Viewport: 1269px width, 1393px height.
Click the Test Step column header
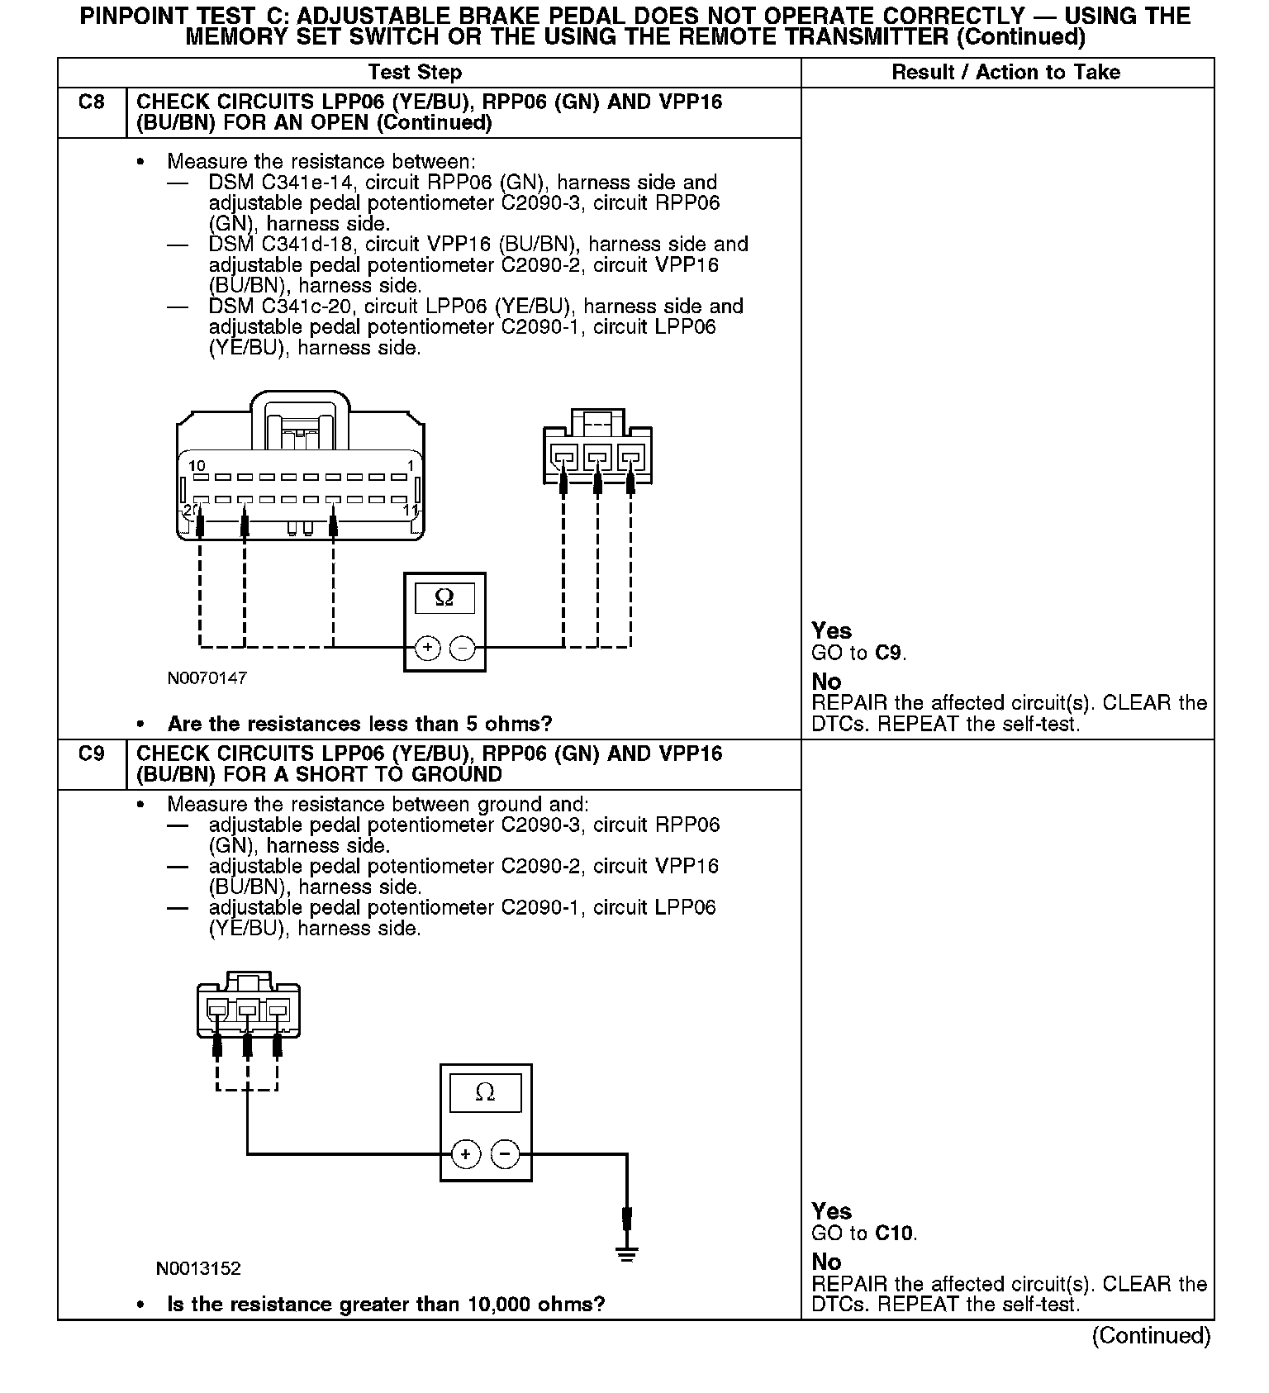[x=415, y=73]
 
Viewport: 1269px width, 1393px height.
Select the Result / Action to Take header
[x=1005, y=73]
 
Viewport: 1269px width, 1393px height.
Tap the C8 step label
[x=92, y=102]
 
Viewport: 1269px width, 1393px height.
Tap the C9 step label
[x=92, y=754]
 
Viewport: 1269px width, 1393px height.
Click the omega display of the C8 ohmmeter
[x=444, y=597]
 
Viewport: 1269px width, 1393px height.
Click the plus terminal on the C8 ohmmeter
[x=427, y=648]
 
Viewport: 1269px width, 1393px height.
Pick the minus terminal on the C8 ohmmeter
[x=462, y=648]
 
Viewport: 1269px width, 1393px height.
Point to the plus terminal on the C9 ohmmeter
[x=466, y=1154]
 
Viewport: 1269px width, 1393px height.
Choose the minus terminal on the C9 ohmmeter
[x=505, y=1154]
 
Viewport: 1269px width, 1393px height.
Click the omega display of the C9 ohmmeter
[x=485, y=1093]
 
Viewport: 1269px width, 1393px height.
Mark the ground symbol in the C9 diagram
[x=627, y=1255]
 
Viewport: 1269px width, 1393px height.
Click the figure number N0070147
[x=207, y=678]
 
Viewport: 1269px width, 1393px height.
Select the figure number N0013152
[x=198, y=1268]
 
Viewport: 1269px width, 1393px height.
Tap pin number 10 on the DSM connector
[x=197, y=466]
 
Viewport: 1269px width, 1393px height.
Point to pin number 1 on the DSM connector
[x=411, y=466]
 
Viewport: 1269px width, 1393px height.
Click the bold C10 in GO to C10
[x=894, y=1234]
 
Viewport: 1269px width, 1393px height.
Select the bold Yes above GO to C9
[x=831, y=631]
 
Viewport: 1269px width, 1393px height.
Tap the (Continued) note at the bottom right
[x=1151, y=1336]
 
